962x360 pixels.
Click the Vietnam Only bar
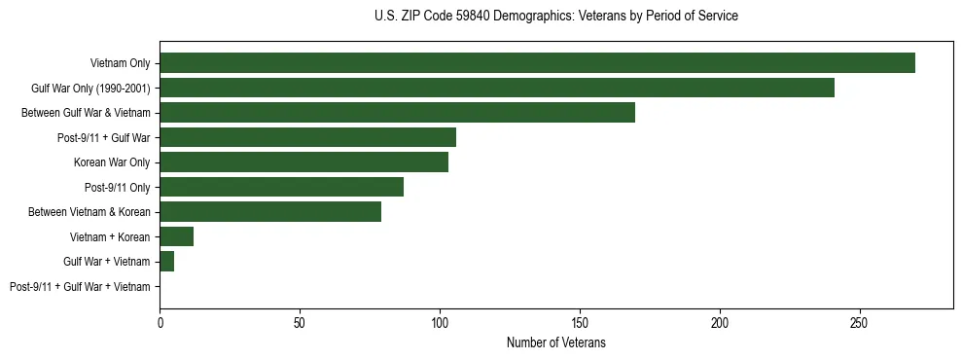coord(537,63)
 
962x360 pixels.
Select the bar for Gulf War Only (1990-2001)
coord(496,89)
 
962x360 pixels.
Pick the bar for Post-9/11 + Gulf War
coord(307,138)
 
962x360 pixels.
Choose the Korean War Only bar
coord(303,162)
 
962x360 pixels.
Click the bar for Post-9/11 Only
coord(281,187)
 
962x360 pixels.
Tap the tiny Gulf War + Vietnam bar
coord(166,262)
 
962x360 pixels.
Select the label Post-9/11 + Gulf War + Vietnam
coord(80,287)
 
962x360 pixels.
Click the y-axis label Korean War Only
coord(112,162)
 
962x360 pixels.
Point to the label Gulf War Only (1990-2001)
coord(90,89)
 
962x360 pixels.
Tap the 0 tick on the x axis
coord(160,322)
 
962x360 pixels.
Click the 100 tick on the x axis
coord(440,322)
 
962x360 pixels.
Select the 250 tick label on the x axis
coord(859,322)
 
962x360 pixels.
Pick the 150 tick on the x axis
coord(580,322)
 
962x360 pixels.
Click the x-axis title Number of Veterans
coord(555,342)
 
